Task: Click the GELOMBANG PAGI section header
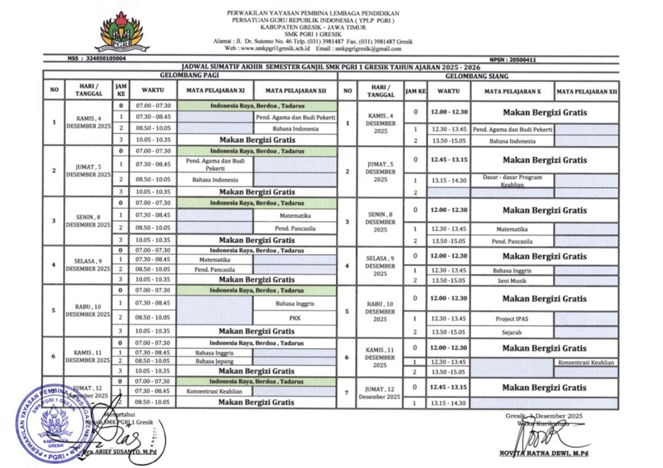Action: pyautogui.click(x=190, y=76)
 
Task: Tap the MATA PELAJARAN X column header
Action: pyautogui.click(x=512, y=91)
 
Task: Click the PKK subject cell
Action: pyautogui.click(x=295, y=317)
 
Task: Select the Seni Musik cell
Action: pyautogui.click(x=512, y=280)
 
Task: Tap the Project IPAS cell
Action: pyautogui.click(x=512, y=318)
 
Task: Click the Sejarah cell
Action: pyautogui.click(x=512, y=332)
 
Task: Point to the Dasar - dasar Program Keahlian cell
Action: pyautogui.click(x=512, y=180)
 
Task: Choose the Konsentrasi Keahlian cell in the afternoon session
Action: pyautogui.click(x=586, y=361)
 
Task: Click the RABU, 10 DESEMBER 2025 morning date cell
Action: pyautogui.click(x=88, y=311)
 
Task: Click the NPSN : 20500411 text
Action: pyautogui.click(x=513, y=59)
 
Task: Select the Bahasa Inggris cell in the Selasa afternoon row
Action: pyautogui.click(x=512, y=270)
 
